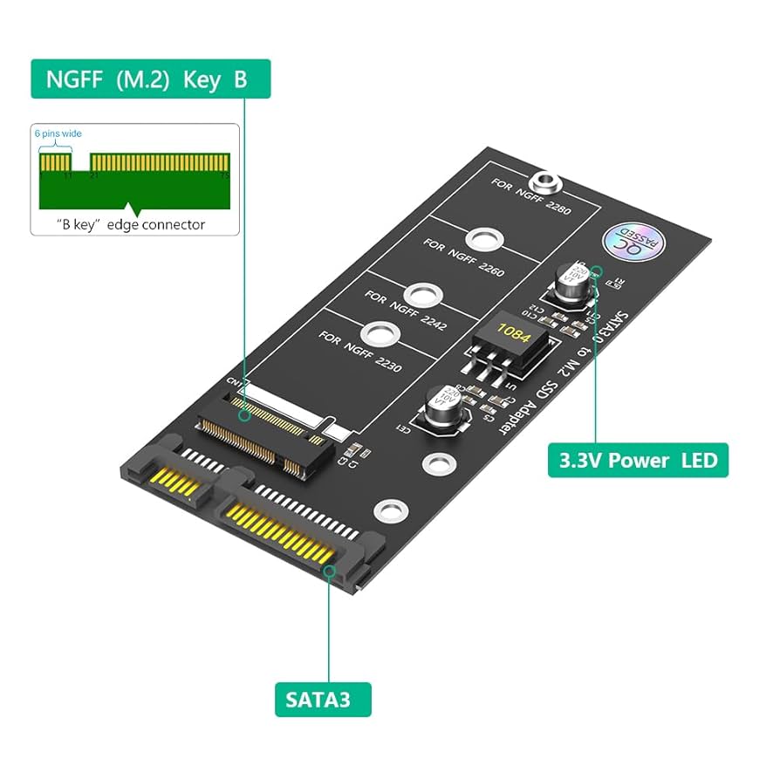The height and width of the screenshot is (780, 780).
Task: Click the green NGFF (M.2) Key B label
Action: (151, 79)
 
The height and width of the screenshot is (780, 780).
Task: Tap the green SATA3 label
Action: (323, 700)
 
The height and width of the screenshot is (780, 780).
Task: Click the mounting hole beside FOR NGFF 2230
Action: (378, 333)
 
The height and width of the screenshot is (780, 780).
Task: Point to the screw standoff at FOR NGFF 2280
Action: (548, 182)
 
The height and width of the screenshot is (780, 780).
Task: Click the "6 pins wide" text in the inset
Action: (58, 133)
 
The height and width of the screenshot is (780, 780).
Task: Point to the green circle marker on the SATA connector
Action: (330, 571)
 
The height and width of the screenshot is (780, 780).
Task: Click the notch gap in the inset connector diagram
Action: (80, 162)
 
